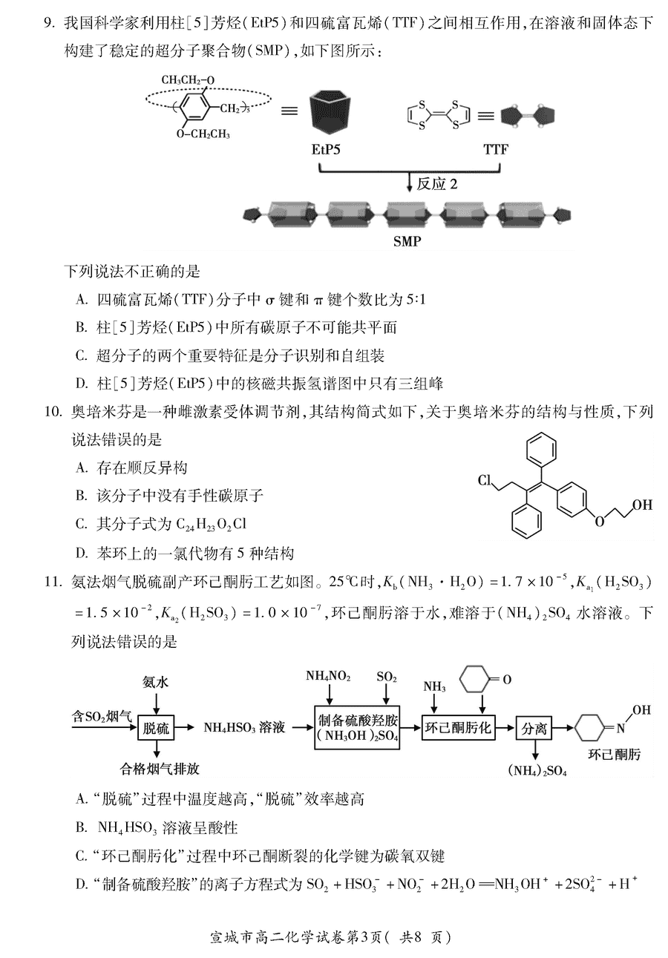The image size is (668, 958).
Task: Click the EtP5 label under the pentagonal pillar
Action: coord(325,150)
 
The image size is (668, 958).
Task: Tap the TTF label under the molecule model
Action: coord(496,150)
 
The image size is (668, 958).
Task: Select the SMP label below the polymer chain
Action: coord(407,242)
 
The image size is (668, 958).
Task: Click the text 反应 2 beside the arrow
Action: coord(437,184)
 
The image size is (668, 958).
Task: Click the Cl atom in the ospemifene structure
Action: coord(485,480)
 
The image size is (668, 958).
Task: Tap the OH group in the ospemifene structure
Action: coord(642,505)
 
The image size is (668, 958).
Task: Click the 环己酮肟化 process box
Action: coord(458,727)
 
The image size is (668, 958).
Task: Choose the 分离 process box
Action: coord(534,729)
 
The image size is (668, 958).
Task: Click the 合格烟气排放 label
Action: coord(160,769)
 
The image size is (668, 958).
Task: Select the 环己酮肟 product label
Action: coord(615,755)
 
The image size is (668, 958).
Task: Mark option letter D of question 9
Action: coord(82,383)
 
